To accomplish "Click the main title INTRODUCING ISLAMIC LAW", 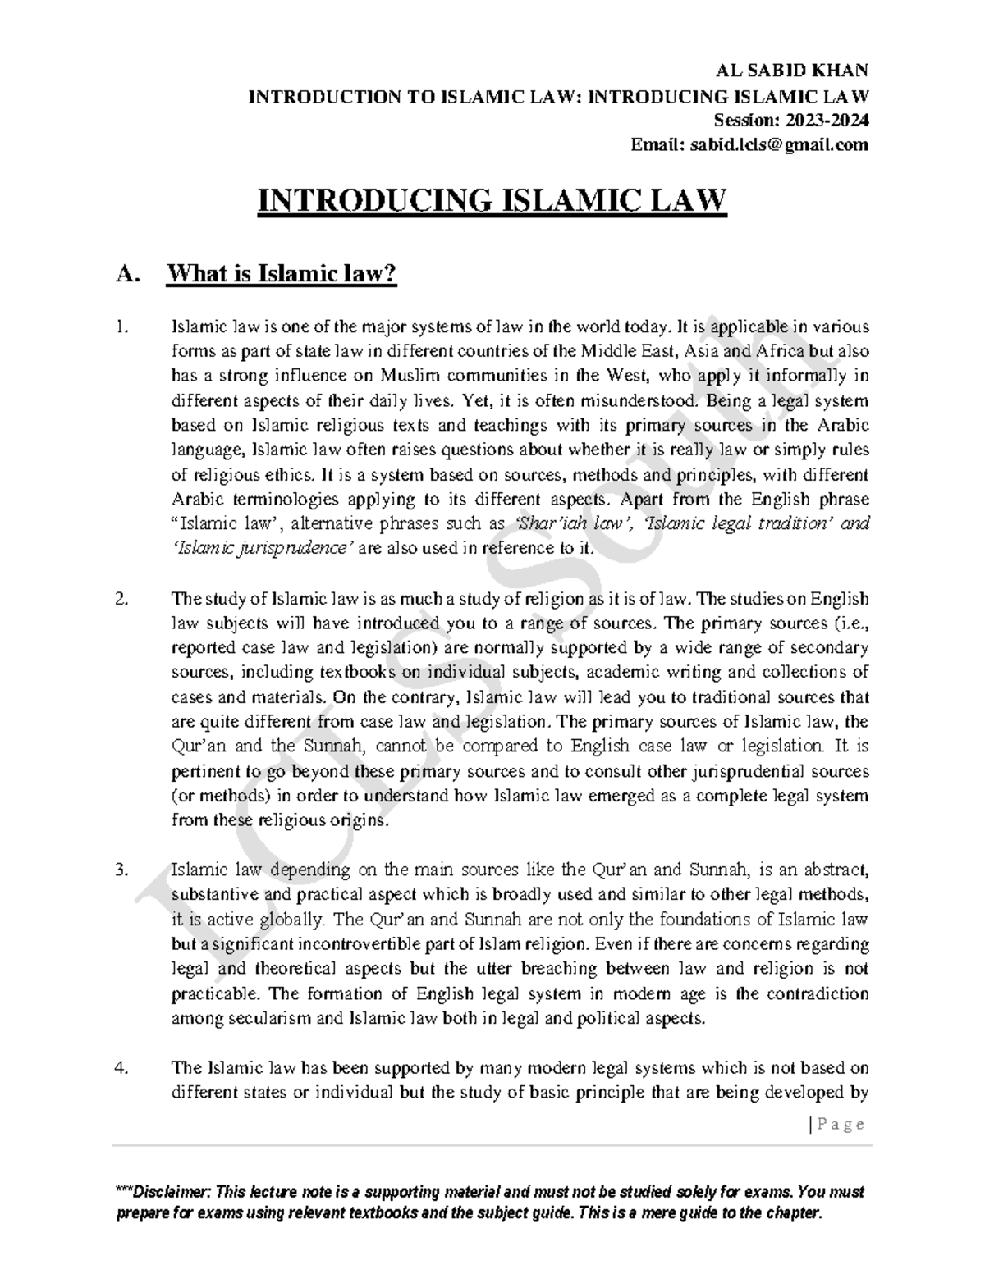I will [492, 201].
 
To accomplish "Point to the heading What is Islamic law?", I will [282, 273].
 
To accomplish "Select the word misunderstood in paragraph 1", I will [643, 401].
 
